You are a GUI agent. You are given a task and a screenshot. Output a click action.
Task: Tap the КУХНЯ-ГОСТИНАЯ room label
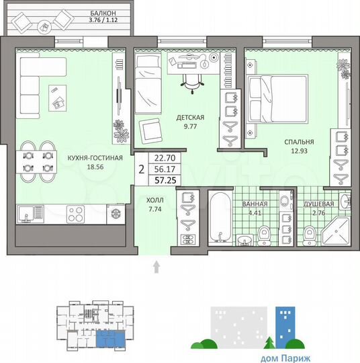point(95,159)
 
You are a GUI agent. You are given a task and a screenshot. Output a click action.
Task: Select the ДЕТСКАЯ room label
point(190,117)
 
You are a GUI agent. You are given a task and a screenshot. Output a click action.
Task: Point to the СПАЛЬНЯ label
point(299,143)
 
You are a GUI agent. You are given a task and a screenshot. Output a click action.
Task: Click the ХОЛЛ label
point(154,200)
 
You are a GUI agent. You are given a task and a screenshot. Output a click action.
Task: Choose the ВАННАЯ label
point(255,204)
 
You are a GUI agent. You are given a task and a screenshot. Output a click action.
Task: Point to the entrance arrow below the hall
point(156,268)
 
